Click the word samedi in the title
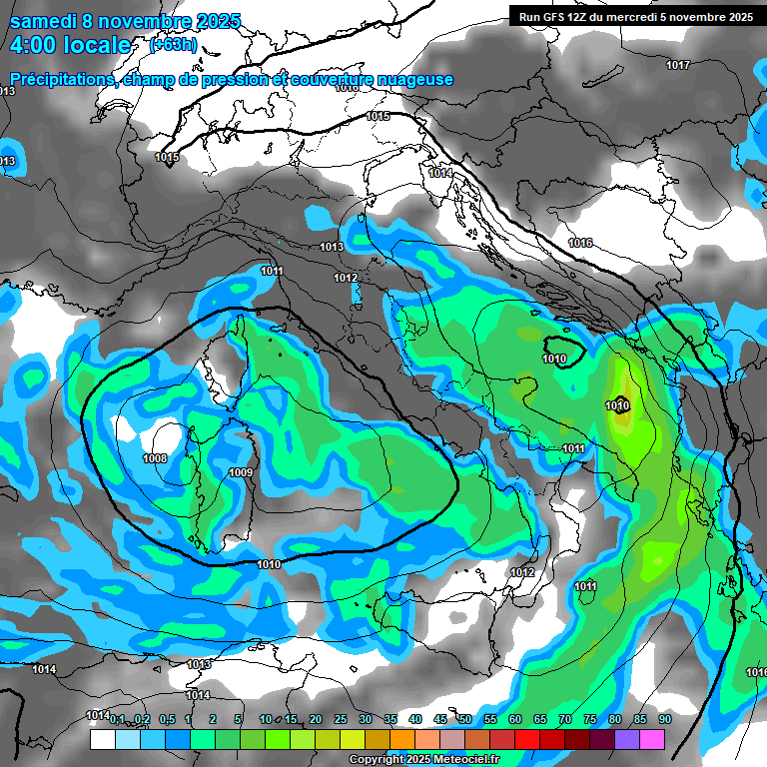(x=46, y=21)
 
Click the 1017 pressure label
(x=678, y=65)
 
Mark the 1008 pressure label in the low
(x=155, y=458)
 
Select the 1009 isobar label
(x=240, y=472)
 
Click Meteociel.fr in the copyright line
(x=459, y=760)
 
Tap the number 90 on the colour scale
(x=665, y=719)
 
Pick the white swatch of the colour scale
(x=102, y=740)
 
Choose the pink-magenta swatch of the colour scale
(x=652, y=740)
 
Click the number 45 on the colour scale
(x=440, y=719)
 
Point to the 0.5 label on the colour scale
(x=166, y=719)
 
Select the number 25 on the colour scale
(x=341, y=719)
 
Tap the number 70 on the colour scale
(x=565, y=719)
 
